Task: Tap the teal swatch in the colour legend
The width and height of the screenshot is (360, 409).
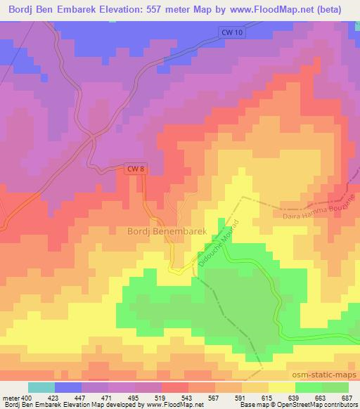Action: (42, 387)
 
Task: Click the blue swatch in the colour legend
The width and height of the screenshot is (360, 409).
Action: (67, 387)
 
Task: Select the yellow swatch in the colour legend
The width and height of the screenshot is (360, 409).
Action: (283, 387)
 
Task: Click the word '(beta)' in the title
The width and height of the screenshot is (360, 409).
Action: (340, 11)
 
